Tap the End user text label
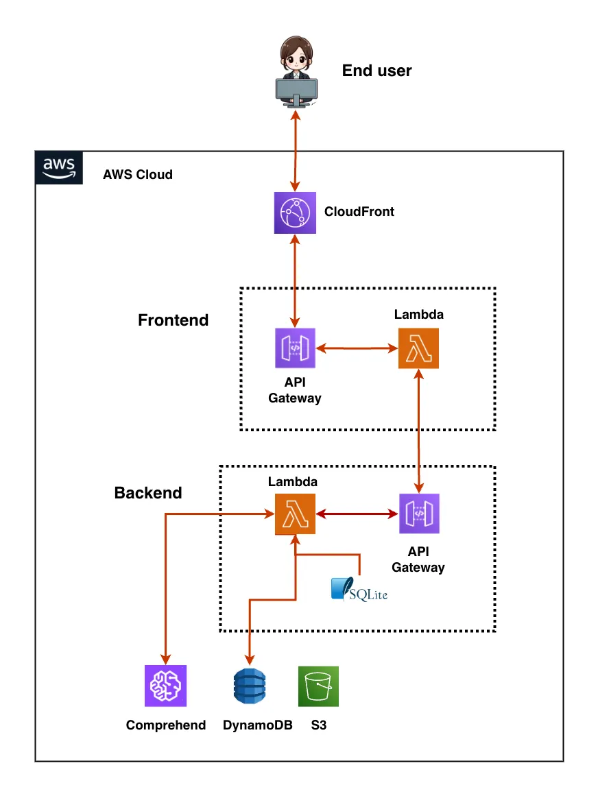pyautogui.click(x=376, y=71)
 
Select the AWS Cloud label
pyautogui.click(x=138, y=174)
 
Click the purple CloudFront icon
pyautogui.click(x=295, y=213)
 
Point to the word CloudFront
pyautogui.click(x=359, y=212)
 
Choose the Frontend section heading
pyautogui.click(x=173, y=320)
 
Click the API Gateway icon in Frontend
pyautogui.click(x=295, y=348)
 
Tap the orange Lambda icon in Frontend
pyautogui.click(x=418, y=348)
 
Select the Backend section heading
pyautogui.click(x=148, y=493)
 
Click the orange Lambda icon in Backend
pyautogui.click(x=295, y=514)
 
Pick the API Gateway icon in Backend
pyautogui.click(x=419, y=514)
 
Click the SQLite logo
pyautogui.click(x=359, y=590)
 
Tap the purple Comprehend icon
pyautogui.click(x=165, y=686)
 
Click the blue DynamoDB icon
pyautogui.click(x=249, y=686)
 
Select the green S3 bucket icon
pyautogui.click(x=318, y=686)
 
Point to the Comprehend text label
pyautogui.click(x=166, y=725)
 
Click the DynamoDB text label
pyautogui.click(x=258, y=725)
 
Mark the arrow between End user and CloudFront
pyautogui.click(x=296, y=152)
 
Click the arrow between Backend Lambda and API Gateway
pyautogui.click(x=357, y=513)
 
